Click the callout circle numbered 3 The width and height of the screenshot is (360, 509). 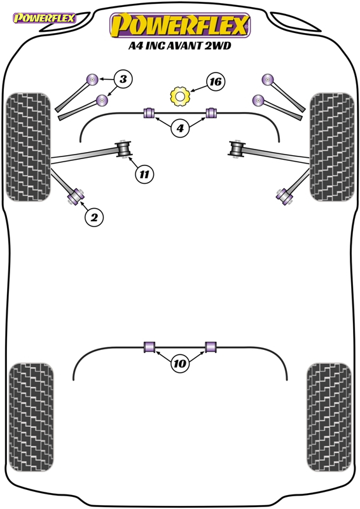123,79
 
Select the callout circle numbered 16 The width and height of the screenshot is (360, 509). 216,81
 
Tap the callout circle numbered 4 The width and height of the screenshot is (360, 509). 180,129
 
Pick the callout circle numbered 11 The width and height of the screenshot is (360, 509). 144,174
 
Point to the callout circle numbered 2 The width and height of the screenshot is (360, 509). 94,217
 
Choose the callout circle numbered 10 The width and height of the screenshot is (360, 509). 180,363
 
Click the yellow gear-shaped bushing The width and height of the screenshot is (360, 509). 180,96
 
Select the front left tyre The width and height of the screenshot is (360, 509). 28,147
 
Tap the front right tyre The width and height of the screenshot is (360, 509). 332,147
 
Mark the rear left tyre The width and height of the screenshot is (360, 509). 31,417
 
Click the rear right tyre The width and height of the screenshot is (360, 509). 329,417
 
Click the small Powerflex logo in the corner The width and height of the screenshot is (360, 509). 44,18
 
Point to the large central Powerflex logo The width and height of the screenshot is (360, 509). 180,25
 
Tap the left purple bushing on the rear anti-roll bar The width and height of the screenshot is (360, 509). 149,346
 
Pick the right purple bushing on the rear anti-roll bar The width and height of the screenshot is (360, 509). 211,346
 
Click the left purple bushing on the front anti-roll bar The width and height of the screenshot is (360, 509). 149,113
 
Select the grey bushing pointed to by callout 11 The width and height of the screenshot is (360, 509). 123,149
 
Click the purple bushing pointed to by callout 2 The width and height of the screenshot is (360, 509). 76,197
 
